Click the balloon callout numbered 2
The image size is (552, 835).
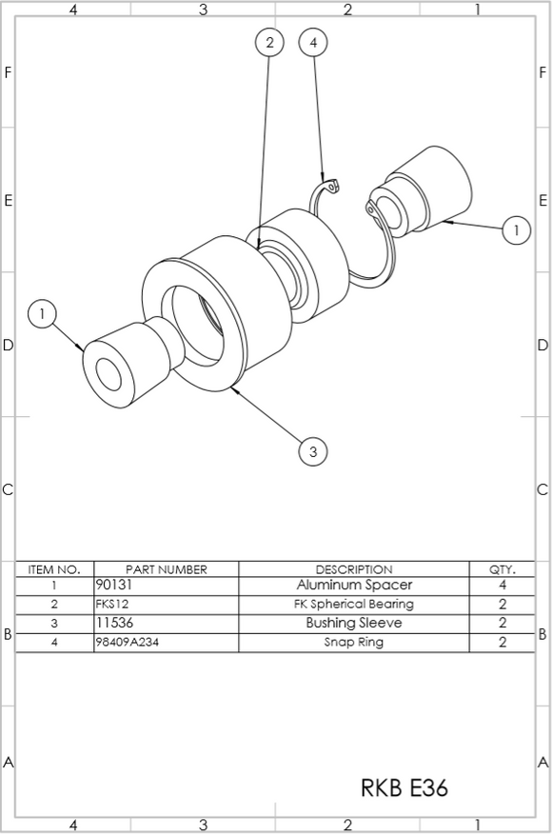tap(270, 42)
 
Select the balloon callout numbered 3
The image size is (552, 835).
tap(313, 451)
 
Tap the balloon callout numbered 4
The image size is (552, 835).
tap(314, 42)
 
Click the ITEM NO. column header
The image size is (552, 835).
tap(54, 569)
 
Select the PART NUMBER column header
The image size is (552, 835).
tap(166, 569)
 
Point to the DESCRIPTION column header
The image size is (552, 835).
tap(354, 569)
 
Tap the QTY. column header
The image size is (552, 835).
tap(503, 569)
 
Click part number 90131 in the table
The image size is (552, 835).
tap(114, 586)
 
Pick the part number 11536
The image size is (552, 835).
tap(114, 624)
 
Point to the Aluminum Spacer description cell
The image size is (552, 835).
tap(354, 586)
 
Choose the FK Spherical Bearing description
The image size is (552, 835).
tap(354, 605)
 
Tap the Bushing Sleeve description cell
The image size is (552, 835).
tap(354, 624)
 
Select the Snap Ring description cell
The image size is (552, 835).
tap(354, 643)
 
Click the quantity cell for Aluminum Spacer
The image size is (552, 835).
tap(503, 586)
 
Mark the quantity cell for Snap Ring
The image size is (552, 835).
tap(503, 643)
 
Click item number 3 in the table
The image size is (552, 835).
tap(54, 624)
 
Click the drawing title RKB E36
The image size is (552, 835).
tap(404, 788)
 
